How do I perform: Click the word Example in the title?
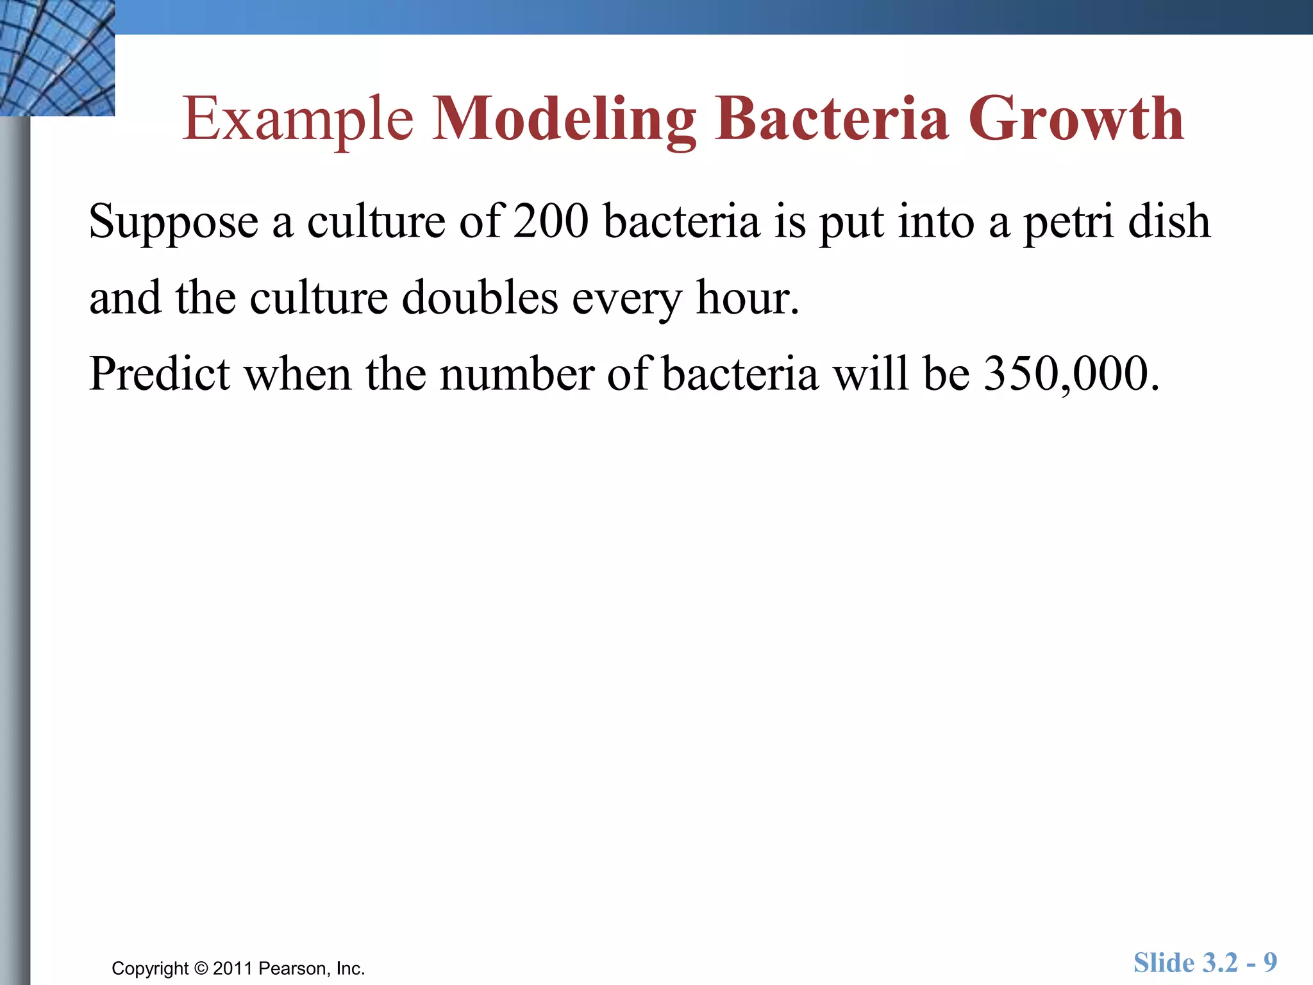pos(298,120)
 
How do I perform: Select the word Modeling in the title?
pos(564,120)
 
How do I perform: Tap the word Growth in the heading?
pos(1076,119)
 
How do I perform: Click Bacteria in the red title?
pos(832,119)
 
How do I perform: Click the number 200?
pos(551,221)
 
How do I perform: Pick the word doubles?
pos(480,298)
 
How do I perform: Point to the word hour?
pos(748,298)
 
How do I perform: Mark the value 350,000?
pos(1071,375)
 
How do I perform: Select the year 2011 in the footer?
pos(233,968)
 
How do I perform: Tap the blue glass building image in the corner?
pos(57,58)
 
